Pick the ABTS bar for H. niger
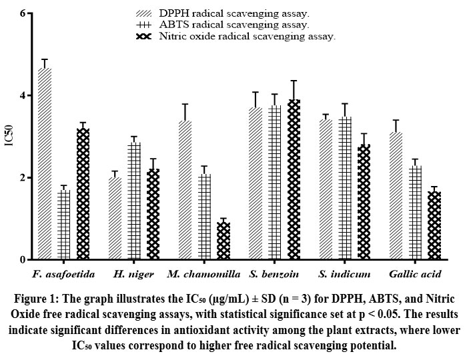point(134,201)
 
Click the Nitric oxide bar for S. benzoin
point(294,179)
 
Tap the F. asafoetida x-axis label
point(63,274)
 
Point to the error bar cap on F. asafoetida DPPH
point(45,59)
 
